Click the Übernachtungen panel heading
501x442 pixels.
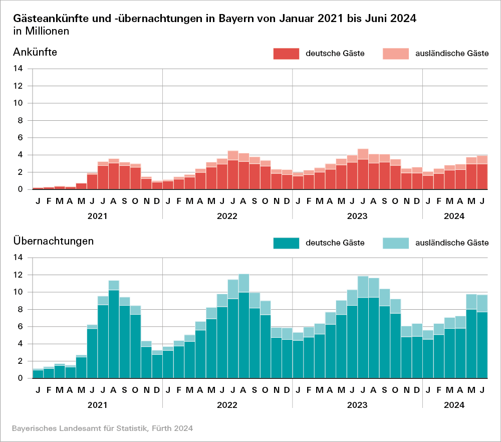53,241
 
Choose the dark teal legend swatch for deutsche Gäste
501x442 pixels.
286,243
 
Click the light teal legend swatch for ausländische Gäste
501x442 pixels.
395,243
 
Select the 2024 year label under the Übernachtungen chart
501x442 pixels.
454,405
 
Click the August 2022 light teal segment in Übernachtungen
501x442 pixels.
244,283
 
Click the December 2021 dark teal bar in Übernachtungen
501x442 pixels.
157,366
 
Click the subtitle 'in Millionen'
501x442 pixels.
42,31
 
